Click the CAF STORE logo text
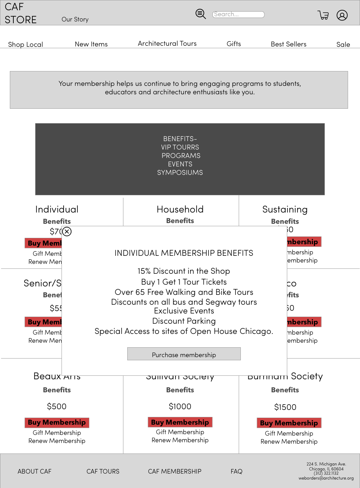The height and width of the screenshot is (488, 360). (20, 13)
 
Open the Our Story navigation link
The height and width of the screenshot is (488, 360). (75, 19)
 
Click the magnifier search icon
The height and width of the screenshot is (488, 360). (201, 14)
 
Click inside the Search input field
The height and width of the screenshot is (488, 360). (238, 14)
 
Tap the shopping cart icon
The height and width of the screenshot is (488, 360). (323, 15)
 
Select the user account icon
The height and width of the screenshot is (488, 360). (342, 15)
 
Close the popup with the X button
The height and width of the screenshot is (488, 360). (67, 232)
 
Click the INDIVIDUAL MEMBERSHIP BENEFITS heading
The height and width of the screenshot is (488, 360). (184, 253)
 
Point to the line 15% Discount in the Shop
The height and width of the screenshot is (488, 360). (184, 271)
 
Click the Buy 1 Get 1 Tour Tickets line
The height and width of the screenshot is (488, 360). (184, 282)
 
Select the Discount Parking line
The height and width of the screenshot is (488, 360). (184, 321)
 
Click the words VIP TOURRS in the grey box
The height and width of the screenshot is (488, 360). (180, 147)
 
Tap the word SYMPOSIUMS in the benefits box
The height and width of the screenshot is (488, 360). (180, 172)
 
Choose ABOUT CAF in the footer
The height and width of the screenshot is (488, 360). (34, 471)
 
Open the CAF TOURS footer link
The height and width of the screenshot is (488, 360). (103, 471)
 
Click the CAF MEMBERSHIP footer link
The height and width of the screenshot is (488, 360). (175, 471)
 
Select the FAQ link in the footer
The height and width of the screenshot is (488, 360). (237, 471)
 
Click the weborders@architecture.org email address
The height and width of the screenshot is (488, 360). (326, 478)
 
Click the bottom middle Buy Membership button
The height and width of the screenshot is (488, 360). (180, 422)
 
